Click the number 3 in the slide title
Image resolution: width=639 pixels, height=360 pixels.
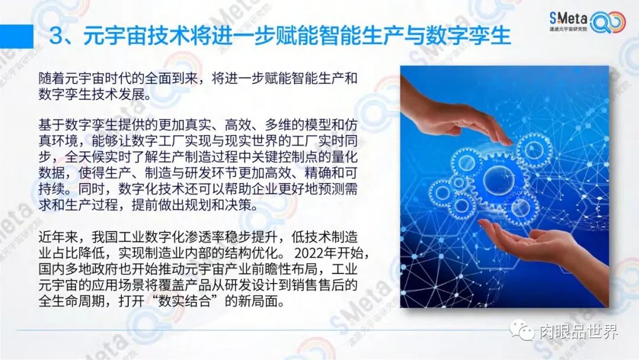[x=57, y=36]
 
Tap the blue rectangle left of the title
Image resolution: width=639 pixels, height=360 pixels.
[x=17, y=36]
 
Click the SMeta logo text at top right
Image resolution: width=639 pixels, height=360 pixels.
[x=568, y=18]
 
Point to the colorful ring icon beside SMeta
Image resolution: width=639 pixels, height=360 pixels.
[x=608, y=22]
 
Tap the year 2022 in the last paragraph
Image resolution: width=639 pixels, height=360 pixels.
[x=308, y=253]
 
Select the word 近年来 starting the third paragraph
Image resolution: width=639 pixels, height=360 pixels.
[x=58, y=237]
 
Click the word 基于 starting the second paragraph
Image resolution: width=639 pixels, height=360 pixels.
[x=51, y=124]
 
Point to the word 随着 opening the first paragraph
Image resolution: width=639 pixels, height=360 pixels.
[x=51, y=78]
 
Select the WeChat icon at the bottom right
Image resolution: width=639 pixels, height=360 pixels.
[x=522, y=330]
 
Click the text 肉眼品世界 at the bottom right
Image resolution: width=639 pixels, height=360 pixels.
[x=579, y=332]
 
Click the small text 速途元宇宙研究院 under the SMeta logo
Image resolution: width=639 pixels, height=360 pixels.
[x=568, y=30]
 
